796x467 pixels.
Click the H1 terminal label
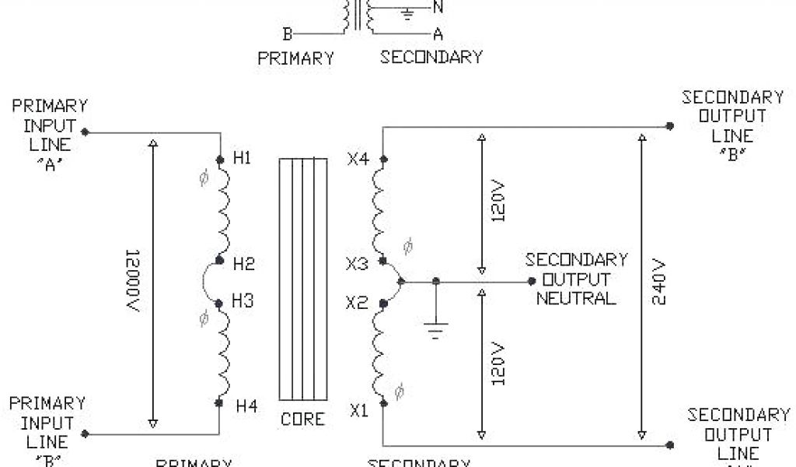click(x=243, y=159)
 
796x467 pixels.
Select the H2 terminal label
click(x=244, y=264)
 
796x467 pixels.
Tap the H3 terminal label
click(x=243, y=301)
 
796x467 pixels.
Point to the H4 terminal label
click(x=246, y=406)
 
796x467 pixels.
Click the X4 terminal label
click(x=358, y=160)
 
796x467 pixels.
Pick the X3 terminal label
click(x=356, y=264)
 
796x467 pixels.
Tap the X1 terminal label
click(x=358, y=410)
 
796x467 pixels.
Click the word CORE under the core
click(x=303, y=419)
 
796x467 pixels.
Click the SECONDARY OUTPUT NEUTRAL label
click(x=576, y=279)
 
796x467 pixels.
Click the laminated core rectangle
click(x=303, y=280)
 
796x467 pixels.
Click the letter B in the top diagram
click(x=287, y=34)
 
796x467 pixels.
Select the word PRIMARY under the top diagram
click(x=296, y=58)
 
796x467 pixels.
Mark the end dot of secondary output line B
click(x=668, y=126)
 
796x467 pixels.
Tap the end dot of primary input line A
click(x=85, y=132)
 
